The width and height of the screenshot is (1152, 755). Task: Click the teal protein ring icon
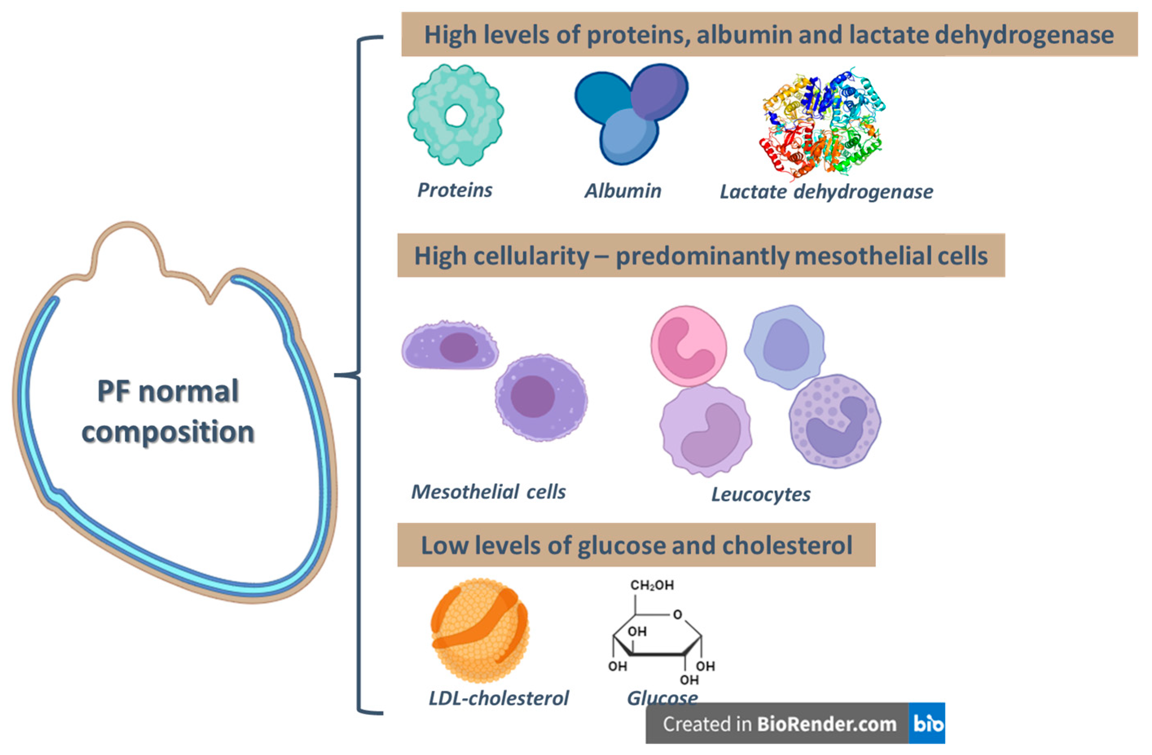(436, 140)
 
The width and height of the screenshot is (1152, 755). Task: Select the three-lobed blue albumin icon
(629, 116)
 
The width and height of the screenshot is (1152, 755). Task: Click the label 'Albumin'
(623, 191)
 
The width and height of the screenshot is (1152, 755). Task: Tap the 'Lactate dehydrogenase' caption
(826, 192)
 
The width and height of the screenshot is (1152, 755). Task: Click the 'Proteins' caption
(454, 190)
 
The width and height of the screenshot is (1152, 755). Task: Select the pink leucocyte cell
(688, 346)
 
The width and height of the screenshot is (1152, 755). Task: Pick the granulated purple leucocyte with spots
(834, 421)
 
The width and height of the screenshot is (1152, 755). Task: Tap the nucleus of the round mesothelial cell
(533, 396)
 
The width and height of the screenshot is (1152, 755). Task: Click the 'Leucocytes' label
(761, 494)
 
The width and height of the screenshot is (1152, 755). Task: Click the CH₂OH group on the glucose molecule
(652, 585)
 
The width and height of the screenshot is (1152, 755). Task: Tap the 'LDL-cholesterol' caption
(498, 698)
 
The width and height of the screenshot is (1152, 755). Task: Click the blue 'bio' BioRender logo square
(927, 724)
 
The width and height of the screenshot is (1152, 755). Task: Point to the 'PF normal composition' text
(168, 411)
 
